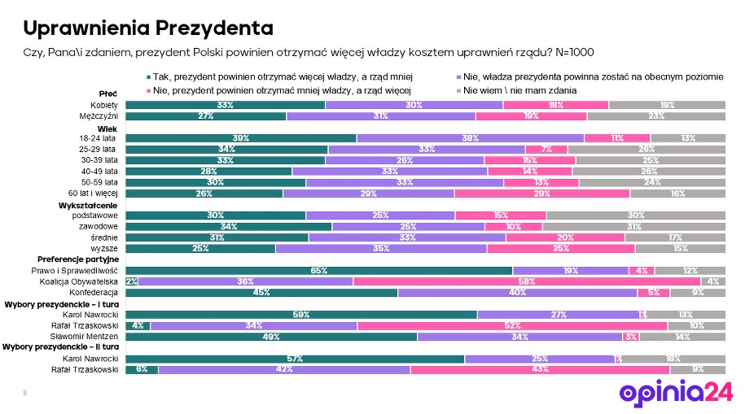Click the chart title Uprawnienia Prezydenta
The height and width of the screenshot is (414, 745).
[147, 28]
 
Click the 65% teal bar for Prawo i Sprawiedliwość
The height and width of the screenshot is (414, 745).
[318, 270]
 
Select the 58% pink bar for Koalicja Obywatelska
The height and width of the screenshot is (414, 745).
[526, 281]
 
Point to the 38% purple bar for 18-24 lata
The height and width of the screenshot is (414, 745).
[470, 138]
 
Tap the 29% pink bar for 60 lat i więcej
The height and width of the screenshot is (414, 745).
[541, 194]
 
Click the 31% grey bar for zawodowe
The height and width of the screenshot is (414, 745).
[634, 226]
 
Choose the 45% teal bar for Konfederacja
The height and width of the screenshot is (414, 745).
[261, 292]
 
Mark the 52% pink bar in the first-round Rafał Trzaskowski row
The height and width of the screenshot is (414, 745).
[512, 325]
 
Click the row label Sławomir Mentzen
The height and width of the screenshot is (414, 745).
[91, 337]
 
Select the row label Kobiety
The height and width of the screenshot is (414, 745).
[105, 106]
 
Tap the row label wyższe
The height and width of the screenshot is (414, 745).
[107, 248]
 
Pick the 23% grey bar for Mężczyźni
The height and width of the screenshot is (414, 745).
[655, 116]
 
